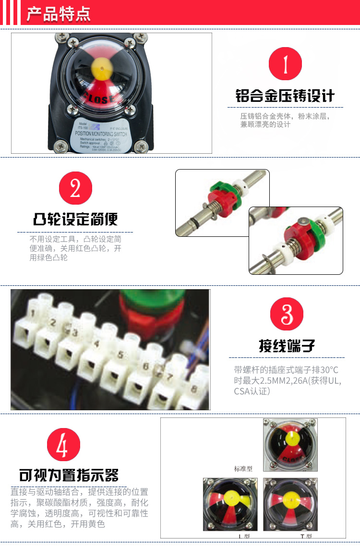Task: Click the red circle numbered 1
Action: coord(285,64)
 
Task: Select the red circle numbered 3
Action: coord(287,314)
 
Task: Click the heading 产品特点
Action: coord(58,14)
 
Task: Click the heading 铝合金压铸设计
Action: coord(285,95)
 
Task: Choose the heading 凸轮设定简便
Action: coord(75,220)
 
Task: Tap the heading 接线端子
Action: coord(287,346)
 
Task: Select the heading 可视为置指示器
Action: coord(69,475)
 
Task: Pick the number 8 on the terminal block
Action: coord(193,389)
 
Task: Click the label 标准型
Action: coord(243,468)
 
